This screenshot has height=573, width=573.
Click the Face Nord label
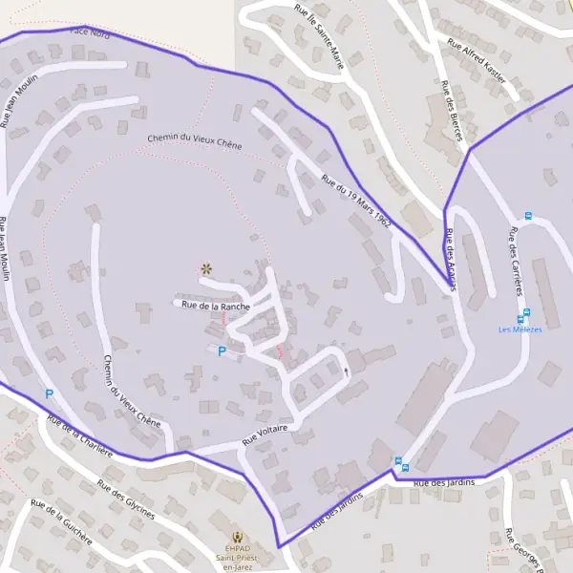coord(91,32)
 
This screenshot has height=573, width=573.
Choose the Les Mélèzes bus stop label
coord(520,329)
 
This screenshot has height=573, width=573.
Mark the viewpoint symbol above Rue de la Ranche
coord(204,269)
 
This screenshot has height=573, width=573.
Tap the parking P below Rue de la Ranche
coord(223,351)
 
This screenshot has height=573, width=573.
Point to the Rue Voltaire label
coord(265,436)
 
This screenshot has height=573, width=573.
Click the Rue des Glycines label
coord(127,499)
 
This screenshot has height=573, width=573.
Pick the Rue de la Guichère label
coord(61,521)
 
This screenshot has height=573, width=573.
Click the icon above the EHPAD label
coord(240,538)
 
